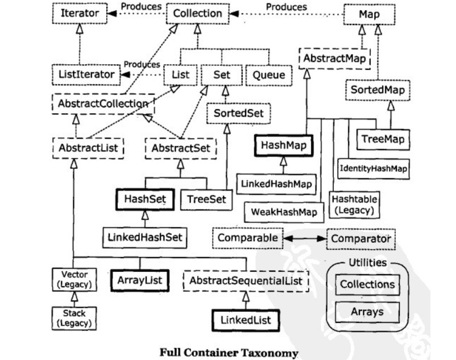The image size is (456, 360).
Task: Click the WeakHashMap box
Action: [x=284, y=212]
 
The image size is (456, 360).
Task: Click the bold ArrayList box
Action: [x=140, y=279]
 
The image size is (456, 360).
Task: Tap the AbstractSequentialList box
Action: [x=246, y=279]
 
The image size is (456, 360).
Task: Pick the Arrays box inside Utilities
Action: [x=367, y=312]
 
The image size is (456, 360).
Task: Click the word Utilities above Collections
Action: [x=367, y=263]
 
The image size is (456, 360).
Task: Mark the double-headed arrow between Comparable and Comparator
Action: [x=305, y=237]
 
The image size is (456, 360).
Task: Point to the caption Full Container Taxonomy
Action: [x=228, y=353]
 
